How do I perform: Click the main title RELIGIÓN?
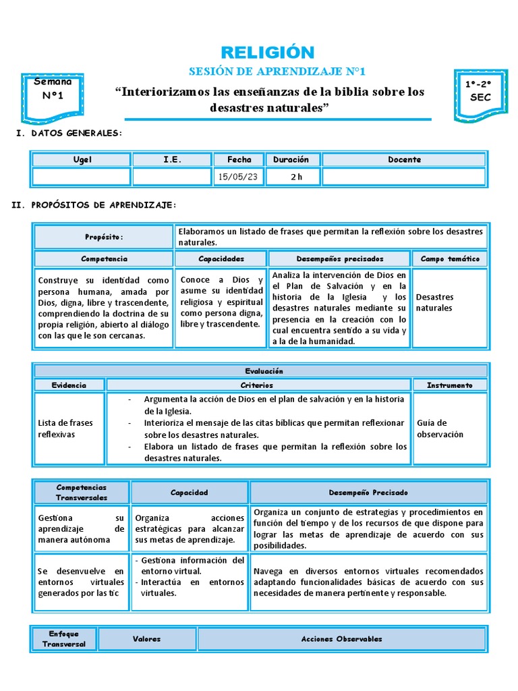coord(259,52)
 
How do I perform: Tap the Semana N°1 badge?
coord(53,89)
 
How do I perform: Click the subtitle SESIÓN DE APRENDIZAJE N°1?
coord(259,72)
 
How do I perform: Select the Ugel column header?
coord(82,160)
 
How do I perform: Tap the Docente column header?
coord(404,160)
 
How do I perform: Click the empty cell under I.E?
coord(171,177)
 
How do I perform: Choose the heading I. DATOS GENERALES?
coord(69,133)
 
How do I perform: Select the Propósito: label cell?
coord(104,237)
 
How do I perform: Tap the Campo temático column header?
coord(449,258)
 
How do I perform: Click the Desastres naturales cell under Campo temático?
coord(449,302)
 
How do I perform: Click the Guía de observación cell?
coord(449,429)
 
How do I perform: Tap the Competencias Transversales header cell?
coord(82,493)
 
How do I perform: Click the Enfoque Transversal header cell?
coord(64,639)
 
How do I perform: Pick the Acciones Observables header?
coord(341,639)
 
